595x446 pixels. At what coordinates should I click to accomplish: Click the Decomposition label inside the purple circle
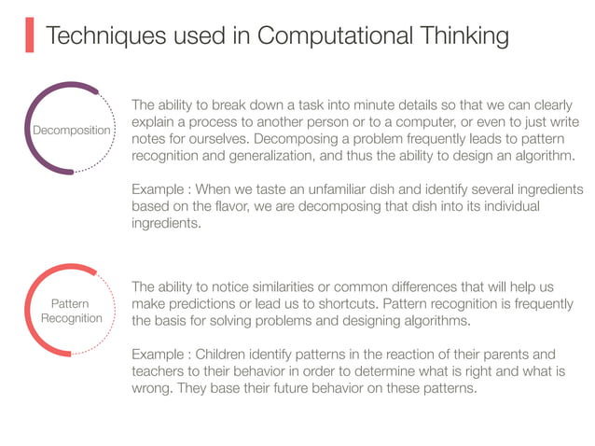tap(71, 131)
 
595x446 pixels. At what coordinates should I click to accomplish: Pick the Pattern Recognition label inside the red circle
tap(71, 311)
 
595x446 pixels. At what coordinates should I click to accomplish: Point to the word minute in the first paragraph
tap(361, 105)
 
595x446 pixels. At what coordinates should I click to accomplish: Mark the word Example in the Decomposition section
tap(160, 188)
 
